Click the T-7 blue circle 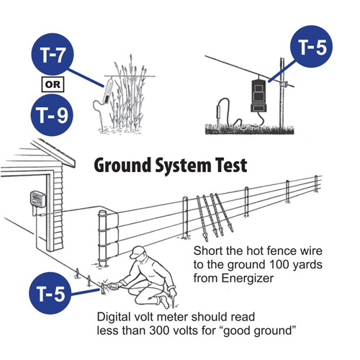click(53, 54)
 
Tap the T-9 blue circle click(52, 114)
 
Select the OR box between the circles click(53, 84)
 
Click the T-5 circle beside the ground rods click(50, 293)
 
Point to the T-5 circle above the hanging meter click(311, 46)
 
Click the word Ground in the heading click(123, 166)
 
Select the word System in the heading click(184, 166)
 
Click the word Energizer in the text click(248, 279)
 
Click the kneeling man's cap click(138, 251)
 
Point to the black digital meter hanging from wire click(258, 96)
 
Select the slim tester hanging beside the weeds click(108, 91)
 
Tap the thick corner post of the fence click(103, 238)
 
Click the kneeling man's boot click(164, 302)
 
